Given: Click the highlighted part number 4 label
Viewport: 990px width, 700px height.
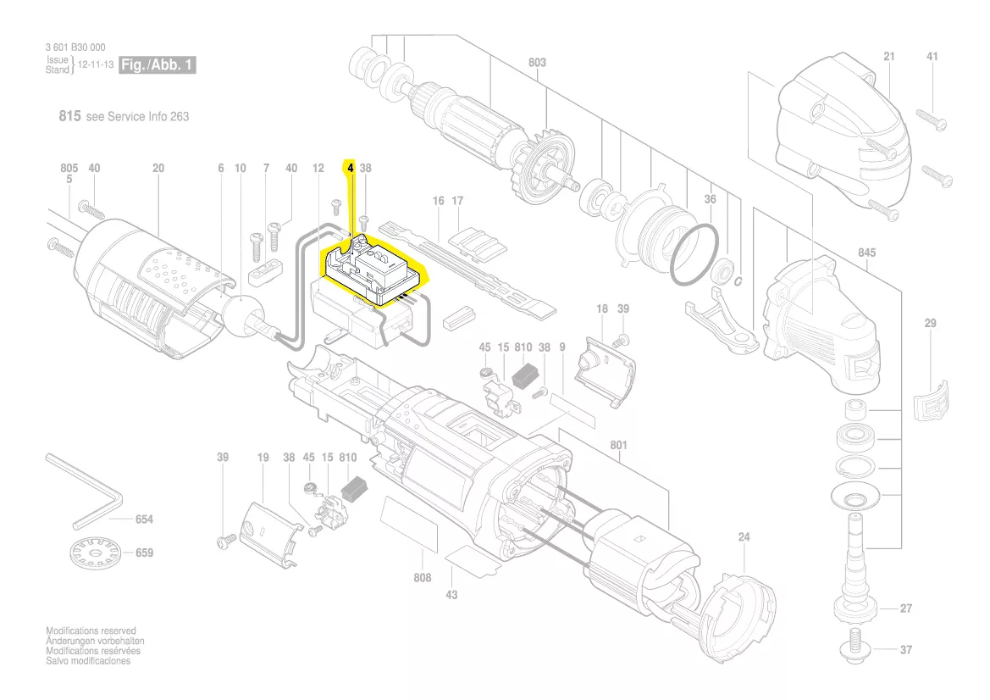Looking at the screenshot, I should (x=350, y=169).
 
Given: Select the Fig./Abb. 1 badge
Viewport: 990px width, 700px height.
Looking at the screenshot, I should (x=158, y=65).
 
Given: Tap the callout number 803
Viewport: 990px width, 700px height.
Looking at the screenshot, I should (x=537, y=63).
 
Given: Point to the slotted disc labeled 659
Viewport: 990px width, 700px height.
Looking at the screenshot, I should (x=92, y=555).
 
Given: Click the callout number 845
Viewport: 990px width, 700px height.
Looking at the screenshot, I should (x=866, y=253).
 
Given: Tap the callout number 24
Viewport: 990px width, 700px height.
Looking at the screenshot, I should (x=744, y=536).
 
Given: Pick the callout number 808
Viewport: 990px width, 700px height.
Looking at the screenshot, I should (x=422, y=578).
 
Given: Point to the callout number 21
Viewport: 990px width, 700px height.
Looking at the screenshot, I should (x=888, y=57).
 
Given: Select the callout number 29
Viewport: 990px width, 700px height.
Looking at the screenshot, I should (x=930, y=324).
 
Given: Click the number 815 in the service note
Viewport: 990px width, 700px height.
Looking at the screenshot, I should (x=69, y=116).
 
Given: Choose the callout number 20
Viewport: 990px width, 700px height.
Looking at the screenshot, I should (x=158, y=169).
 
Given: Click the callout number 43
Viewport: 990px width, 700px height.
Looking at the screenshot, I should (x=451, y=595).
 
